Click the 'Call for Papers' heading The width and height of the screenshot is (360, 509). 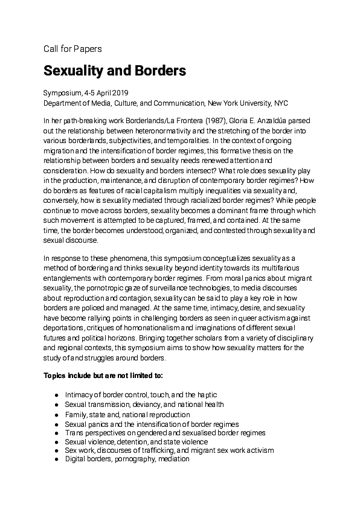click(x=72, y=48)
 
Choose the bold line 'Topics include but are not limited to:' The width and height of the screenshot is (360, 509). click(x=103, y=375)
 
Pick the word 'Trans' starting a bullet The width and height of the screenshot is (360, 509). click(x=74, y=432)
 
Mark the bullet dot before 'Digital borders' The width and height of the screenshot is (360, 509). click(x=56, y=459)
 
